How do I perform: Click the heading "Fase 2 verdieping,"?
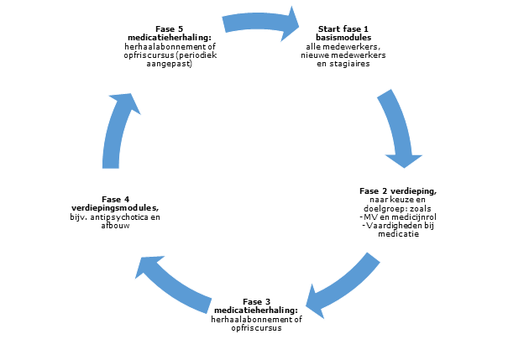tap(398, 191)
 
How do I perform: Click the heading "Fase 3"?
tap(256, 301)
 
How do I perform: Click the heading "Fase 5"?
tap(169, 29)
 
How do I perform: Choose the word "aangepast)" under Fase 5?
tap(169, 65)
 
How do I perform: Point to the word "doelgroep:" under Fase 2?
tap(375, 209)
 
